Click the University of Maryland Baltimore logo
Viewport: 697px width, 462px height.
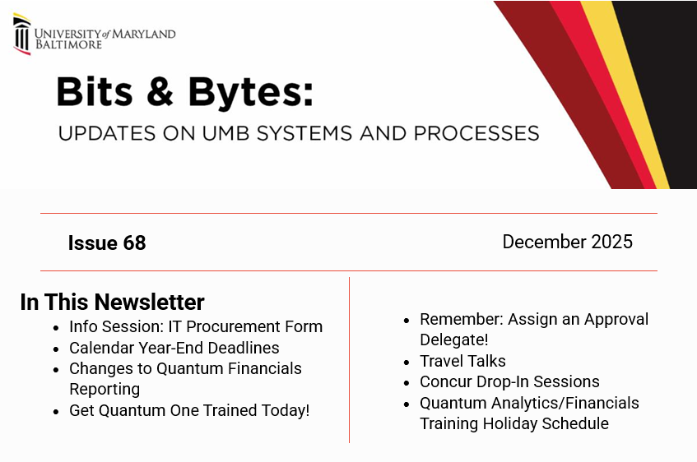(x=94, y=35)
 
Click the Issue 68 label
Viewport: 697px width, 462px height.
(x=107, y=243)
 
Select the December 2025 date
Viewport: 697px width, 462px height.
(x=567, y=242)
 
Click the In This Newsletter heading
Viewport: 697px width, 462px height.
(x=112, y=302)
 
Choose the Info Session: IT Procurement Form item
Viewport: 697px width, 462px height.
(x=196, y=326)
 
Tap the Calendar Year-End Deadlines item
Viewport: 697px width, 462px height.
(x=174, y=348)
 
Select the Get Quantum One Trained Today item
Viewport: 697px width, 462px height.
(x=189, y=410)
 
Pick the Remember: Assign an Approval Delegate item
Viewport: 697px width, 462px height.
(x=533, y=329)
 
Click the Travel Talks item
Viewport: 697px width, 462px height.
(x=462, y=361)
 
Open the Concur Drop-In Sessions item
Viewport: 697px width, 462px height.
(x=509, y=381)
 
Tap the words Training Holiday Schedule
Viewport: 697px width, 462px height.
(x=514, y=424)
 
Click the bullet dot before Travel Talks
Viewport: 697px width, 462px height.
(x=407, y=362)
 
